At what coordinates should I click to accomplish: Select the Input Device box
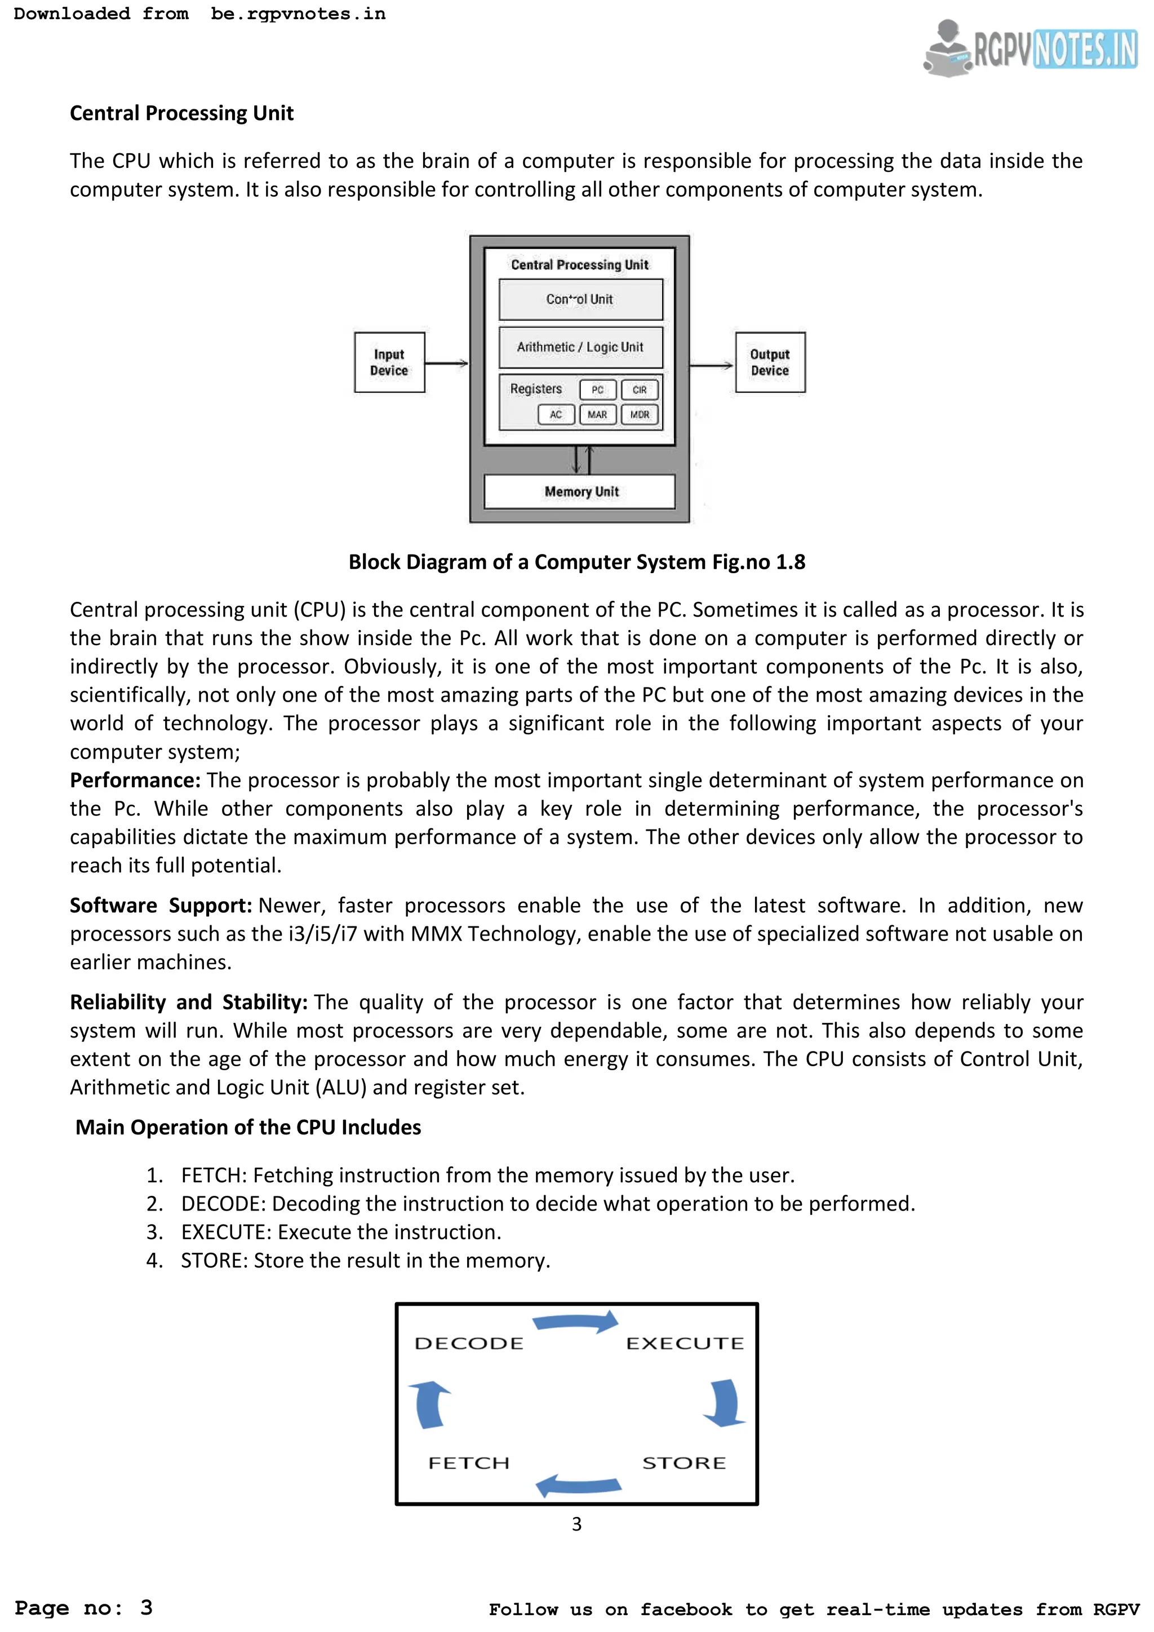click(x=389, y=362)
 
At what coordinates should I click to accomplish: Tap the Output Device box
click(x=770, y=362)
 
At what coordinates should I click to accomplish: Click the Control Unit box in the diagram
click(x=580, y=299)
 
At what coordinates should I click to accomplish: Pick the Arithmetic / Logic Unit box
click(x=580, y=347)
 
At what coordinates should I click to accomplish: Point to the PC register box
click(x=598, y=389)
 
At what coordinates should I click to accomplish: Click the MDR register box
click(x=640, y=414)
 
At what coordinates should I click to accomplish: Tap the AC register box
click(x=556, y=414)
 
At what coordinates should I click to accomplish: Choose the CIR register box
click(x=640, y=389)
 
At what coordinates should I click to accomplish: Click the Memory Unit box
click(x=580, y=491)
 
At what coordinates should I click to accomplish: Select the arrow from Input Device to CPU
click(x=446, y=363)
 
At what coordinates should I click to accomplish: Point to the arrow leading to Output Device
click(x=711, y=365)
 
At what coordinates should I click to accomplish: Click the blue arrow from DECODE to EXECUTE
click(x=575, y=1322)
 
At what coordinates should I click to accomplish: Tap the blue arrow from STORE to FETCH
click(x=579, y=1485)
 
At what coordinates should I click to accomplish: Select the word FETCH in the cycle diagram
click(x=468, y=1463)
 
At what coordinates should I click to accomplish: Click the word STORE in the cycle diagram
click(x=683, y=1463)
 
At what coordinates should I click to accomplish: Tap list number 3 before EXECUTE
click(x=154, y=1232)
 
